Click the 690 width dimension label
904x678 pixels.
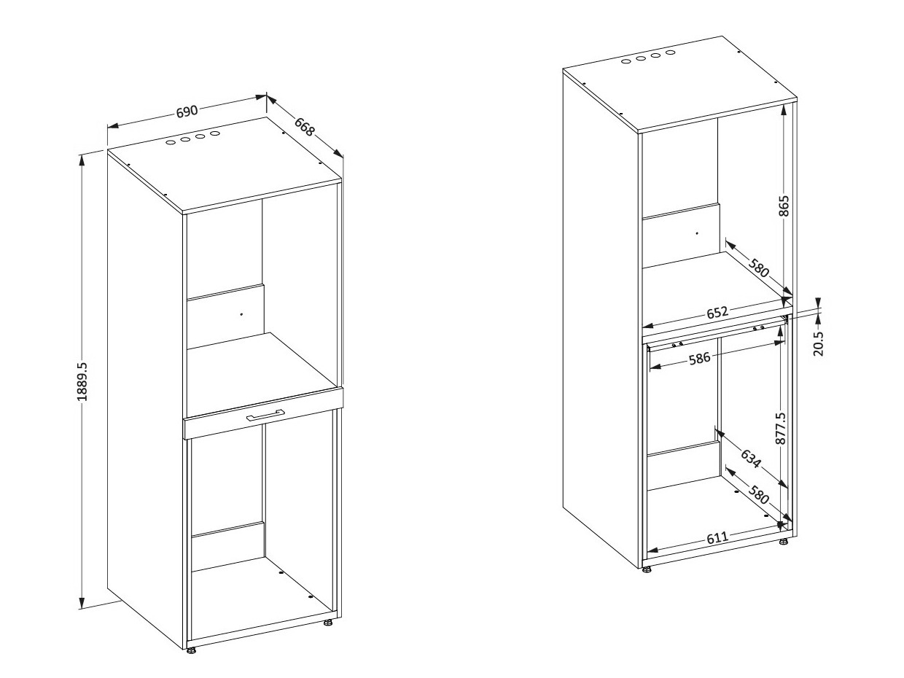187,112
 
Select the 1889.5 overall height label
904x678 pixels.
82,381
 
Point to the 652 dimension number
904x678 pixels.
717,313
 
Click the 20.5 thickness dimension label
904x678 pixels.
818,343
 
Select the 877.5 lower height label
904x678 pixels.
781,429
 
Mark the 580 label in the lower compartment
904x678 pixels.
759,497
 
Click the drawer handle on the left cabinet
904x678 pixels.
264,416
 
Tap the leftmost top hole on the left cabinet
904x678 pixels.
170,142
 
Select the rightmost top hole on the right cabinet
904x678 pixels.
670,52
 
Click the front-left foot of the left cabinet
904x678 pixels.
191,650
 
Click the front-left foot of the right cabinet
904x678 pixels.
647,569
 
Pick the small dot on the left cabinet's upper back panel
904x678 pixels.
241,313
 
